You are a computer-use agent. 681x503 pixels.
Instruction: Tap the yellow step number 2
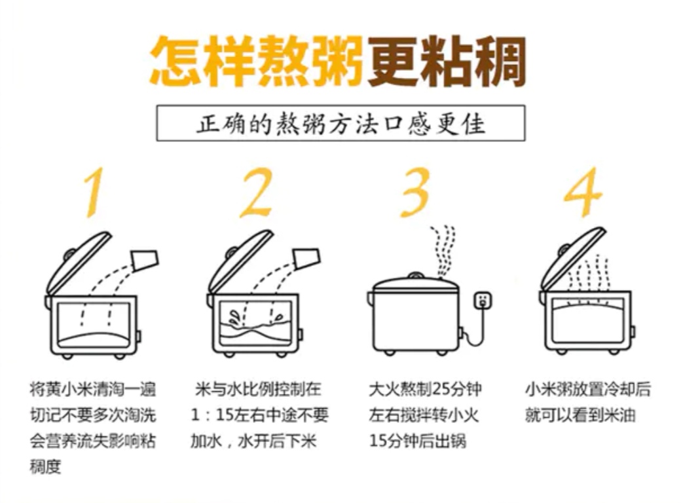256,192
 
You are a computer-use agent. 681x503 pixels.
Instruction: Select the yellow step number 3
414,192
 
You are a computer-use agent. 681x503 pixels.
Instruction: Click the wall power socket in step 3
483,300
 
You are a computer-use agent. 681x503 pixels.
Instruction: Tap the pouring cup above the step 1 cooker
145,260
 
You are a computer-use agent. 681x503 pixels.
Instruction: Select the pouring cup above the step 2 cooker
307,258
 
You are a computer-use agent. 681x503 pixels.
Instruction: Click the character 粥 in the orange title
337,61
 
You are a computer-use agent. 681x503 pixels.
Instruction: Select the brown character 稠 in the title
500,61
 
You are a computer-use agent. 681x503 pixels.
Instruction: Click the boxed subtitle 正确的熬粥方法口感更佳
341,123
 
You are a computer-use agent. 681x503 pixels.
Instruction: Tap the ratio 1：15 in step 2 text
212,415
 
